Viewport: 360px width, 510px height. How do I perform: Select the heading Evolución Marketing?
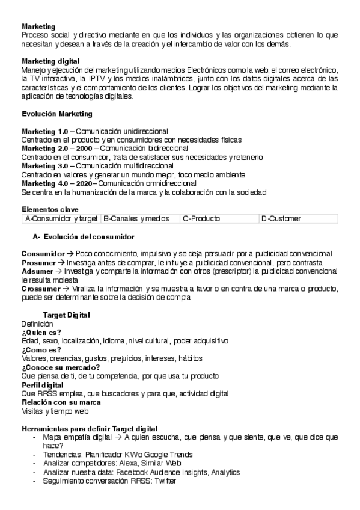(x=56, y=114)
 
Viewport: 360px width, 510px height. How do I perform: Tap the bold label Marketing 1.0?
(x=45, y=131)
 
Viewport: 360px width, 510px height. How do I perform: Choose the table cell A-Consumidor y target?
(x=61, y=218)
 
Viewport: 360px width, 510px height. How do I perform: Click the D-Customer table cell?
(x=281, y=218)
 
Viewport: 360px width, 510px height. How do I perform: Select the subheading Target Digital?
(x=67, y=315)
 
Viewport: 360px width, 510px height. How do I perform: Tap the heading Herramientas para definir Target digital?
(x=90, y=428)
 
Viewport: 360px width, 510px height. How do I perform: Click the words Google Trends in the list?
(x=171, y=455)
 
